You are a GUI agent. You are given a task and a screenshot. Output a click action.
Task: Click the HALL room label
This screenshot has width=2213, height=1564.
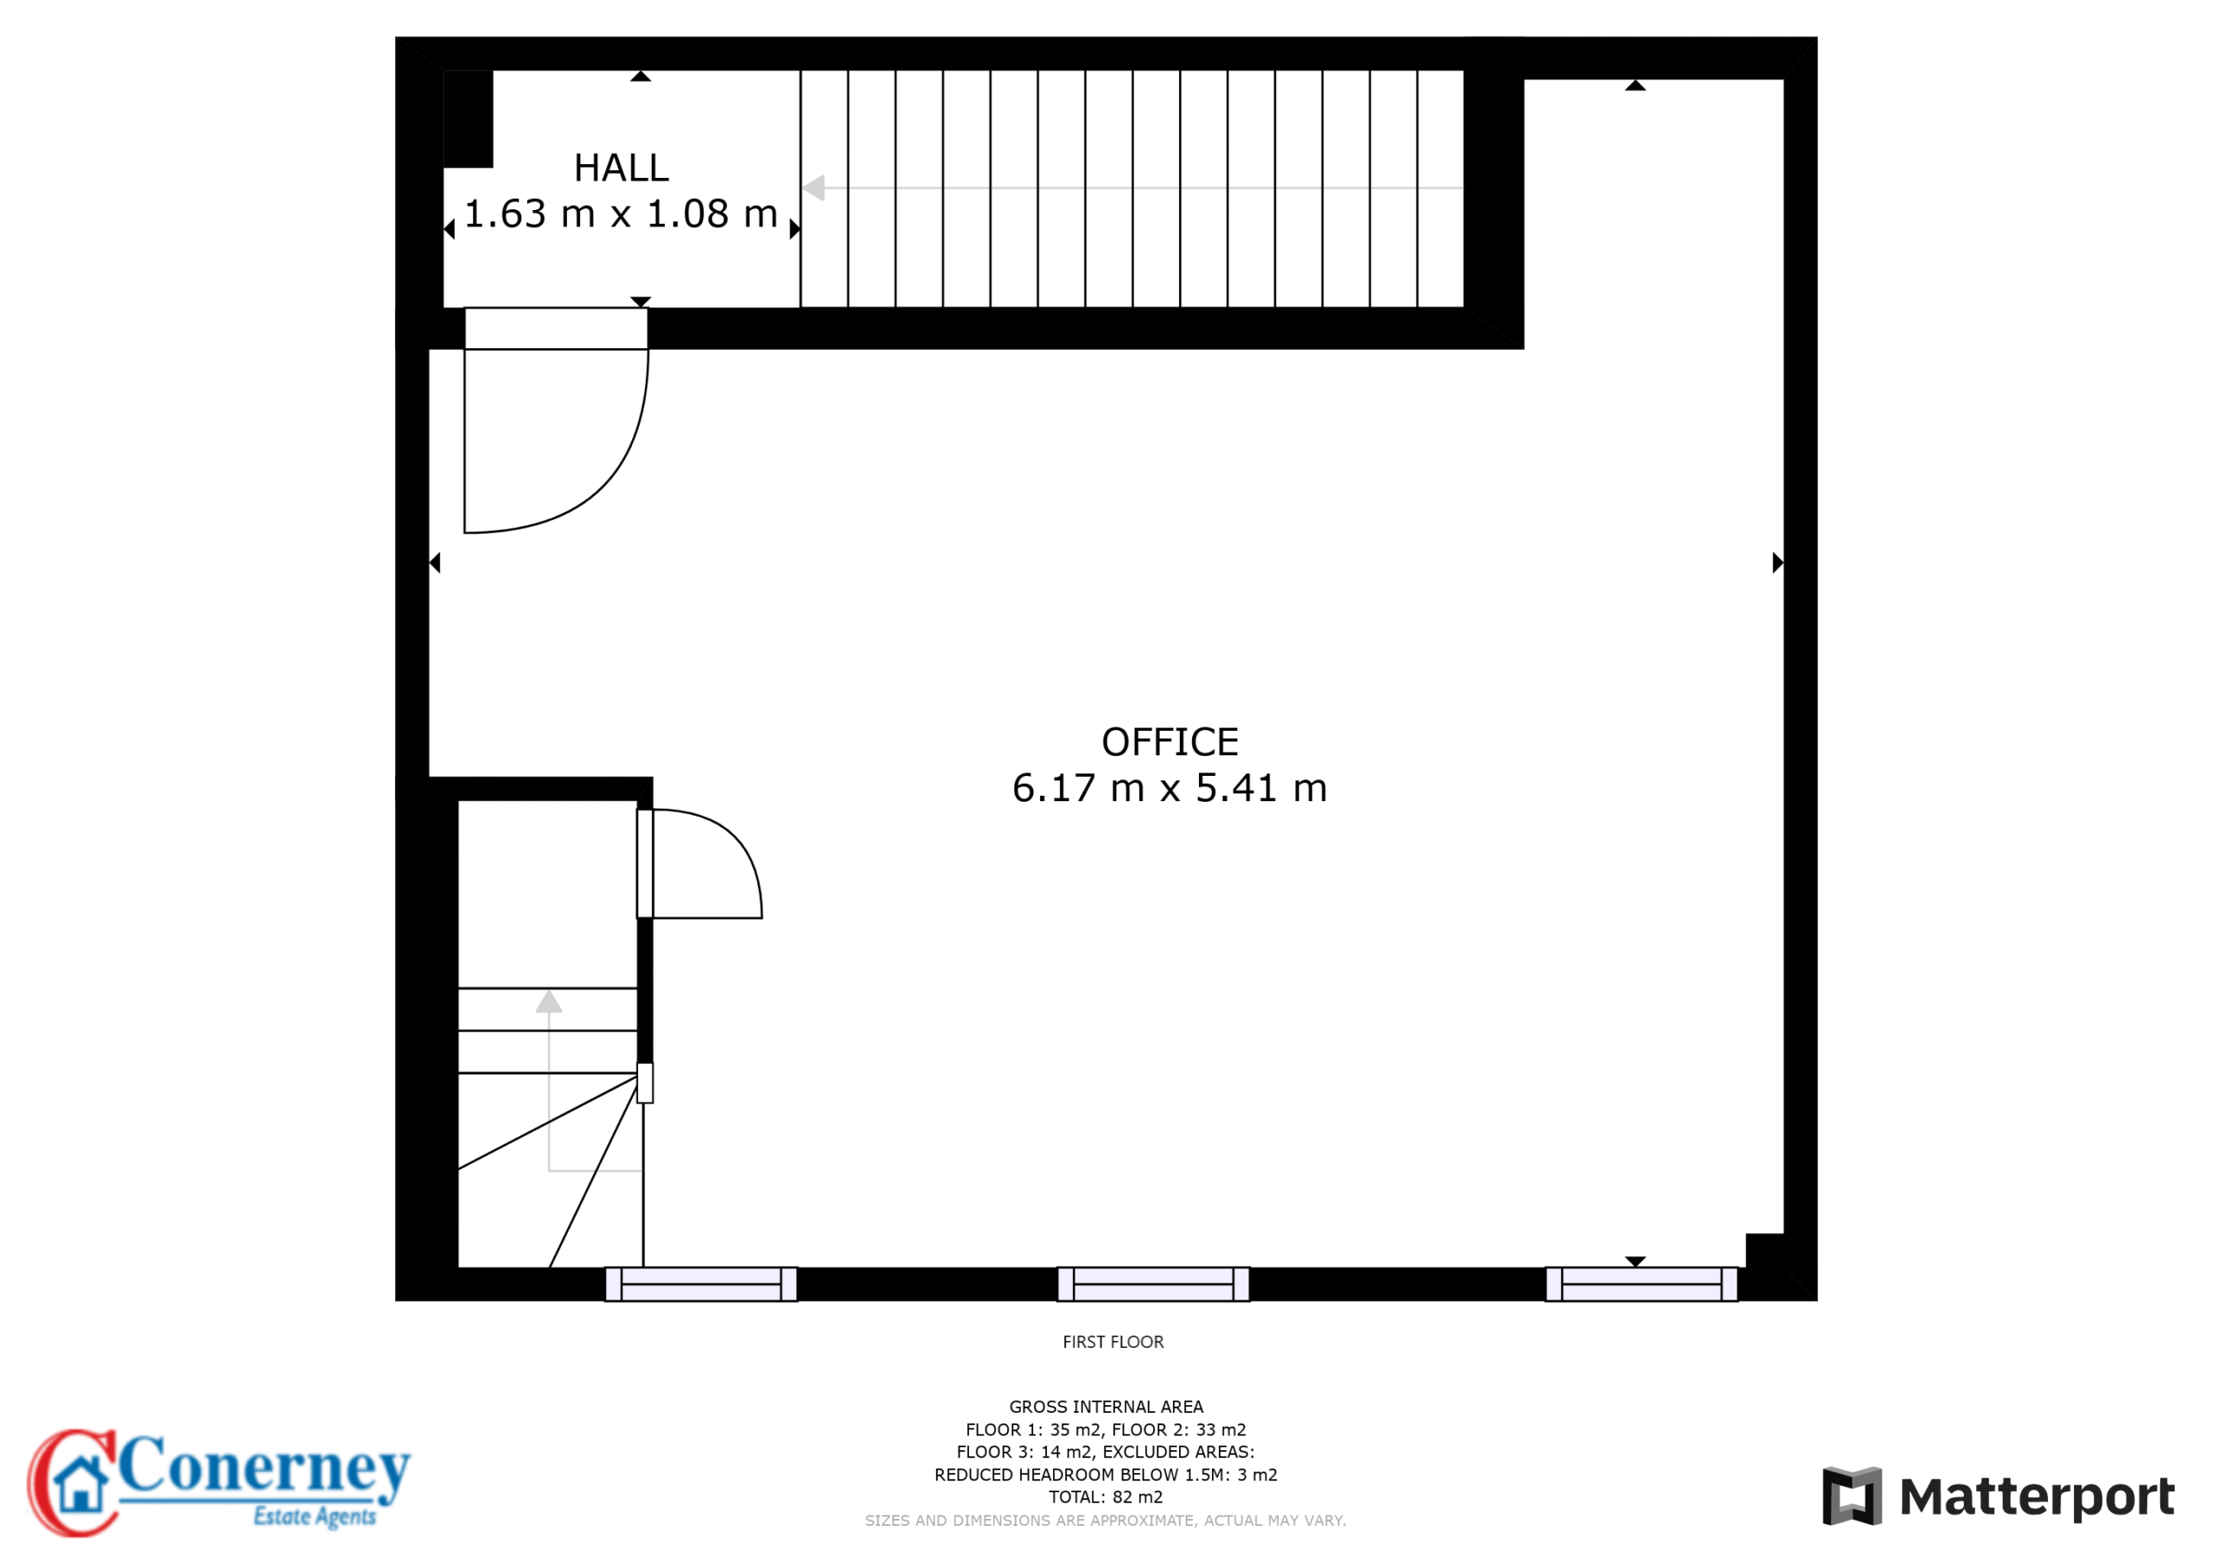pyautogui.click(x=621, y=168)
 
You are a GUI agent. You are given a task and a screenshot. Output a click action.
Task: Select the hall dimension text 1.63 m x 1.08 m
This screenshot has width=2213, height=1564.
pyautogui.click(x=621, y=214)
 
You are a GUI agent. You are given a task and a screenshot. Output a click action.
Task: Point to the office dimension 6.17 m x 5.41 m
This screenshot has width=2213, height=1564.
pyautogui.click(x=1169, y=788)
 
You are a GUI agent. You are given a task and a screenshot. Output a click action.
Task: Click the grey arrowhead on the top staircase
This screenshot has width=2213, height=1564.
pyautogui.click(x=813, y=188)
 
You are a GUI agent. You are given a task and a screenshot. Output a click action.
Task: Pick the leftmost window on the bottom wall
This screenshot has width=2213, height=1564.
pyautogui.click(x=701, y=1285)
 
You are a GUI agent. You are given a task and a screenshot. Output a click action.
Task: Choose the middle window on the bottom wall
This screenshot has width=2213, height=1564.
pyautogui.click(x=1153, y=1285)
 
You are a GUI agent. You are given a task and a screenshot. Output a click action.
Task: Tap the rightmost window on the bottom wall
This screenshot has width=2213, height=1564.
pyautogui.click(x=1642, y=1285)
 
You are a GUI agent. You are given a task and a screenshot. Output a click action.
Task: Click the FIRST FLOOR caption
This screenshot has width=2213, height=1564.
pyautogui.click(x=1113, y=1342)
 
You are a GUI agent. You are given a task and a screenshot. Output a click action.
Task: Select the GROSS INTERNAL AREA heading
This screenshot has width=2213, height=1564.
pyautogui.click(x=1106, y=1407)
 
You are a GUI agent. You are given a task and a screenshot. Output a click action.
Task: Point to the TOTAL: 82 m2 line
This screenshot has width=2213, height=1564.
pyautogui.click(x=1106, y=1497)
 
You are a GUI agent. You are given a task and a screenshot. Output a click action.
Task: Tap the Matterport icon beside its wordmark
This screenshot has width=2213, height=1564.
pyautogui.click(x=1852, y=1497)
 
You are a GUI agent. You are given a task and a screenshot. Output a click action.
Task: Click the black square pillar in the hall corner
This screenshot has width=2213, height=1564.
pyautogui.click(x=469, y=118)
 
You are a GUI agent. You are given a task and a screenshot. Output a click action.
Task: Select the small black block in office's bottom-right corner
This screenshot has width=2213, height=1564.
pyautogui.click(x=1765, y=1251)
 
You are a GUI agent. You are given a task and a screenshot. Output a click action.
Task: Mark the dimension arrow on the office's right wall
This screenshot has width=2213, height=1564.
pyautogui.click(x=1778, y=563)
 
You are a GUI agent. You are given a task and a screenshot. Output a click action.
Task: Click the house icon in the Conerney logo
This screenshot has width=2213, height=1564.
pyautogui.click(x=80, y=1483)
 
